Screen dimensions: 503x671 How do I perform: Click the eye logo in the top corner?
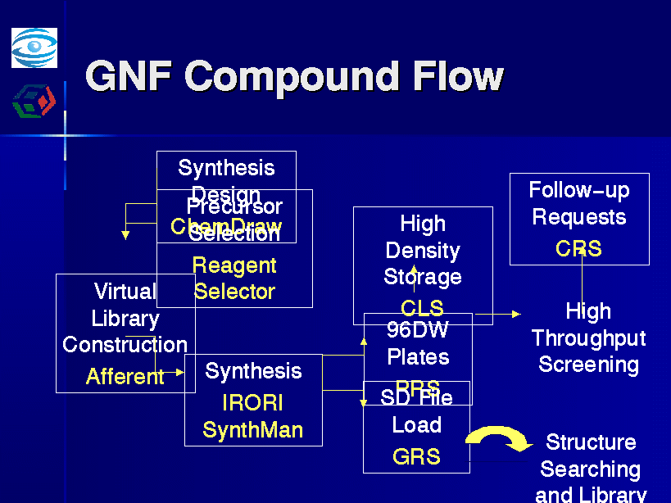pyautogui.click(x=34, y=48)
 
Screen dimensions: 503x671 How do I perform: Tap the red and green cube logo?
pyautogui.click(x=34, y=102)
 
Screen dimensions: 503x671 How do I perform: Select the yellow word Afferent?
pyautogui.click(x=125, y=377)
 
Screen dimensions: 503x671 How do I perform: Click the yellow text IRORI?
pyautogui.click(x=253, y=403)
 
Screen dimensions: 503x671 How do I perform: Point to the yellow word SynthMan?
pyautogui.click(x=253, y=430)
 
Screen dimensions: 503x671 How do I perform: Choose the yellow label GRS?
pyautogui.click(x=416, y=456)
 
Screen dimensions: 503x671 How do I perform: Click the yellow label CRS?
pyautogui.click(x=578, y=248)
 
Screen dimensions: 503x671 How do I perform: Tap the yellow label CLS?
pyautogui.click(x=422, y=308)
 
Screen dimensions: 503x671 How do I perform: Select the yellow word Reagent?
pyautogui.click(x=234, y=265)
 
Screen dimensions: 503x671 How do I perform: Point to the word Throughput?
pyautogui.click(x=588, y=338)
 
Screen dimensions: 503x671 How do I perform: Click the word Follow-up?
pyautogui.click(x=578, y=191)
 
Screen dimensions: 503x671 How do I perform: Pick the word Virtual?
pyautogui.click(x=125, y=292)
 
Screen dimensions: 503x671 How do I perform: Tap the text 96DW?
pyautogui.click(x=418, y=330)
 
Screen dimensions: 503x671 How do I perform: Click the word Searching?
pyautogui.click(x=590, y=469)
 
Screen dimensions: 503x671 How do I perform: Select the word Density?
pyautogui.click(x=423, y=251)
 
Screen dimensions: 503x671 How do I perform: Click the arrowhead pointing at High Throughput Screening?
pyautogui.click(x=516, y=314)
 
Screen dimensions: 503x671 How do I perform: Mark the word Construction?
pyautogui.click(x=125, y=345)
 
